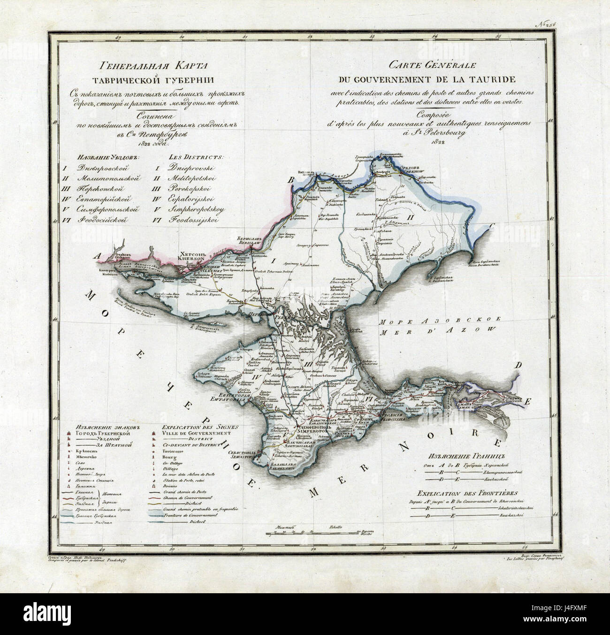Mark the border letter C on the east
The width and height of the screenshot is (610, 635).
tap(491, 227)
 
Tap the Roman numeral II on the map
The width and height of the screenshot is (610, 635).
tap(410, 217)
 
